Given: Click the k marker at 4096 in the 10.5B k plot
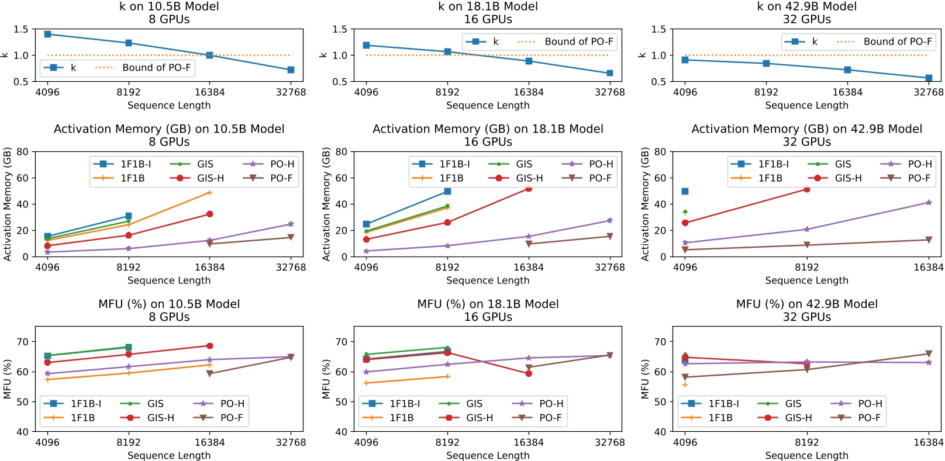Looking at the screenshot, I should [47, 34].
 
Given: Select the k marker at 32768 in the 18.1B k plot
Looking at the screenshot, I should [610, 73].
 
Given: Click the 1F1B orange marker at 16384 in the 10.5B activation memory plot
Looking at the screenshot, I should [209, 193].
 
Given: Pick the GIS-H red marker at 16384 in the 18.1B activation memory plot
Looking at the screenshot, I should [529, 188].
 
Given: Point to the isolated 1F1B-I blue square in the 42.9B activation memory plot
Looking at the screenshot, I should [685, 191].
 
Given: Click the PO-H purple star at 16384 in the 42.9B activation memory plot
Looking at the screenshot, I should [929, 203].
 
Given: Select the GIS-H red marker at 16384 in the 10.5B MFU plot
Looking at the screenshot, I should [209, 346].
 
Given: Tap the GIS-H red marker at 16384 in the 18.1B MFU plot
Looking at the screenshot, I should [529, 373].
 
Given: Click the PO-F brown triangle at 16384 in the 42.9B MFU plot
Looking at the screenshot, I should [929, 354].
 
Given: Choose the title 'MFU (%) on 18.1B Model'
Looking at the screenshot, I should [488, 304].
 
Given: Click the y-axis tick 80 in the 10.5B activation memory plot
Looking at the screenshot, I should [22, 152].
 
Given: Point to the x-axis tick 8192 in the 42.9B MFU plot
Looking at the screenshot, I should [806, 442].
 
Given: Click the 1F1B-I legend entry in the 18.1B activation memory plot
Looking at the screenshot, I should [442, 164].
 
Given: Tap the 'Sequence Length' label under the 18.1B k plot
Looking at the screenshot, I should [488, 105].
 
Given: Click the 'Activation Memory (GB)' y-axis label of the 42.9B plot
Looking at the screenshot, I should [645, 204].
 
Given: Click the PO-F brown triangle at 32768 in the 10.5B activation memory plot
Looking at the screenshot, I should [291, 237].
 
